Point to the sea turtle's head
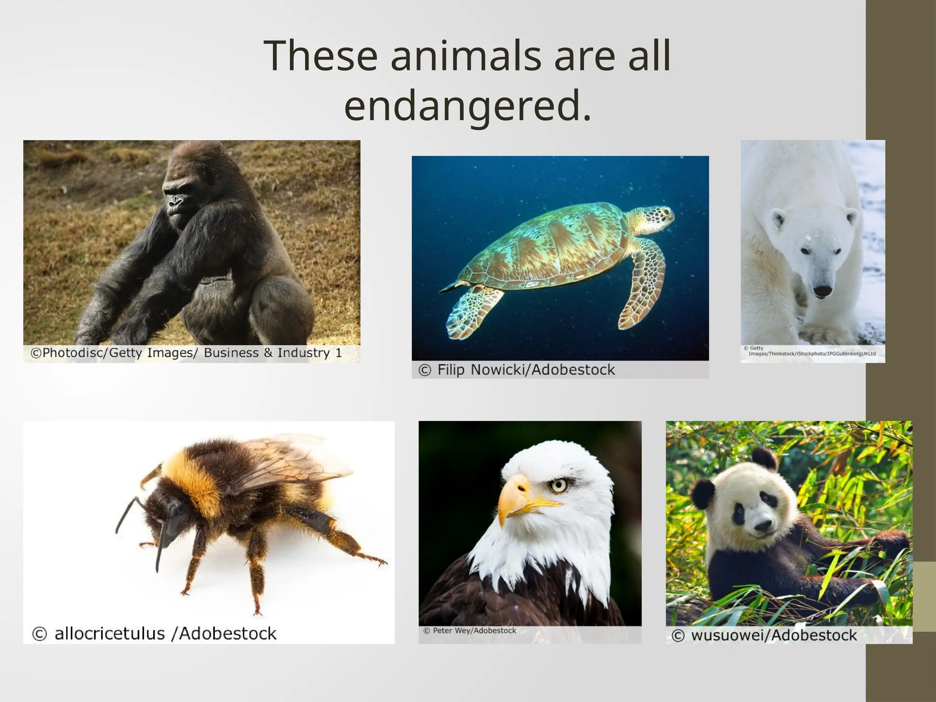pos(654,217)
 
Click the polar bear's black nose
pos(823,291)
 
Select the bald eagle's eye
pos(558,485)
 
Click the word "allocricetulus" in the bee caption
pos(110,634)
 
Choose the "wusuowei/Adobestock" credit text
pos(774,635)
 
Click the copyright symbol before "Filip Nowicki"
pos(425,370)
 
